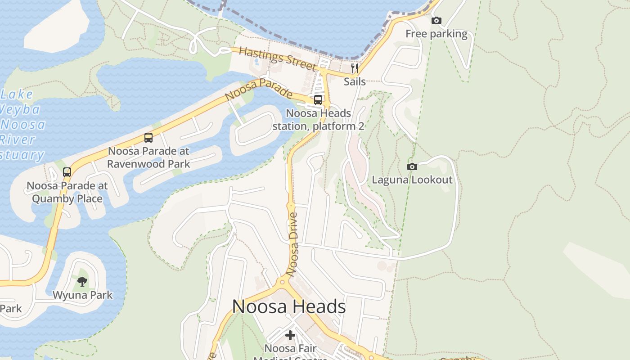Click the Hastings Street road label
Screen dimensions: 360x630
coord(277,58)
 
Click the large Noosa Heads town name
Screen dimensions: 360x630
coord(289,307)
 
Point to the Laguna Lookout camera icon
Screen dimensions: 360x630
coord(412,166)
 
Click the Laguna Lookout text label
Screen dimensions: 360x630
coord(412,180)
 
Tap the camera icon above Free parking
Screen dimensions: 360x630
coord(436,20)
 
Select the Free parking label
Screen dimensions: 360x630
coord(436,34)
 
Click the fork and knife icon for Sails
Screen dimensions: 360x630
coord(355,68)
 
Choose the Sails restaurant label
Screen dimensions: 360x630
coord(355,82)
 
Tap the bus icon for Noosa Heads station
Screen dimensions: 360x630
coord(318,100)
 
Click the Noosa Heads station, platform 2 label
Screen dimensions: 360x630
coord(318,120)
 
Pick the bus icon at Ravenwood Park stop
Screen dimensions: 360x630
coord(148,138)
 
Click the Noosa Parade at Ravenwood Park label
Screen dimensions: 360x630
coord(148,157)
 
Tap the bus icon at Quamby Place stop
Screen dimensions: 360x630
coord(67,172)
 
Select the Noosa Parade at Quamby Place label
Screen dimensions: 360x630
coord(67,192)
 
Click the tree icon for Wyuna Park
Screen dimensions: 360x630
coord(82,282)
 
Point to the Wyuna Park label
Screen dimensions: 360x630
coord(82,295)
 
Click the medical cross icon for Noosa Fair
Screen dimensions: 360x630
coord(290,335)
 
